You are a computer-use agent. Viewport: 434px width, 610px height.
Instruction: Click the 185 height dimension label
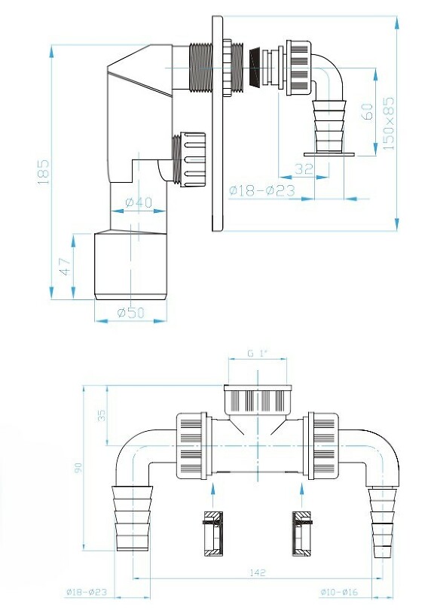pos(43,171)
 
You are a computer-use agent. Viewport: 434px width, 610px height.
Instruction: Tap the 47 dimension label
pos(66,266)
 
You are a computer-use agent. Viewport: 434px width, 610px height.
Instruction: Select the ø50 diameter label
pos(131,312)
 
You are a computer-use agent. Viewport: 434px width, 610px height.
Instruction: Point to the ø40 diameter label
pos(139,202)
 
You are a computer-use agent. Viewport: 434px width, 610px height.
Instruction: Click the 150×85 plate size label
pos(389,123)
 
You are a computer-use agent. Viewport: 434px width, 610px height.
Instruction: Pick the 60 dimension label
pos(367,111)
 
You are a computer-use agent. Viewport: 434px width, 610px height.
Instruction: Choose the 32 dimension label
pos(304,168)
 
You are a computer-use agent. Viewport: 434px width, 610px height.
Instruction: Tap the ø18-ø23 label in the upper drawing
pos(262,190)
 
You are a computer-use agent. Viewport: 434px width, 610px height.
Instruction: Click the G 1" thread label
pos(258,354)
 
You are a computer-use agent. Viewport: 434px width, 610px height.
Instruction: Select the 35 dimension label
pos(102,415)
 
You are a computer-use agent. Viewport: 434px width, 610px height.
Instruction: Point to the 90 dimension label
pos(78,467)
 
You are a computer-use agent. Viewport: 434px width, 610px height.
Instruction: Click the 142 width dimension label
pos(258,572)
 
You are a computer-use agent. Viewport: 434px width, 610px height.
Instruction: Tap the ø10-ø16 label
pos(339,592)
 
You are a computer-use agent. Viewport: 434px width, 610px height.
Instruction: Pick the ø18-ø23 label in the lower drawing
pos(86,592)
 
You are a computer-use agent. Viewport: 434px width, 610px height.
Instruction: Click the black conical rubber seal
pos(255,67)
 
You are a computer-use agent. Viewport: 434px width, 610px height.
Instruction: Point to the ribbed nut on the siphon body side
pos(189,160)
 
